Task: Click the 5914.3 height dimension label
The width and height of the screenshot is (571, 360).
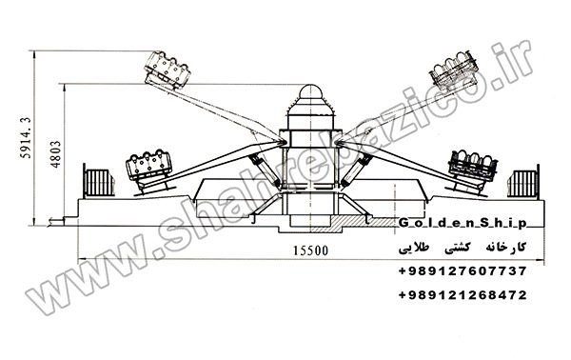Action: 25,138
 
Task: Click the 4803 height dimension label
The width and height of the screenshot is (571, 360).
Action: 55,154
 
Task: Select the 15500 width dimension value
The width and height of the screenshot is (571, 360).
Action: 310,250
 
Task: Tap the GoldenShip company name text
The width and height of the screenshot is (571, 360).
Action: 463,223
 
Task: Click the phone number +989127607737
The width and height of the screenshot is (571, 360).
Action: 463,271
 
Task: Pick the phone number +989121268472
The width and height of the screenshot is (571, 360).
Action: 463,294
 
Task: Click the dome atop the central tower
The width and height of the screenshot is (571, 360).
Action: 310,90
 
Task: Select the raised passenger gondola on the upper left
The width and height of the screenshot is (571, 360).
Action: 167,70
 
